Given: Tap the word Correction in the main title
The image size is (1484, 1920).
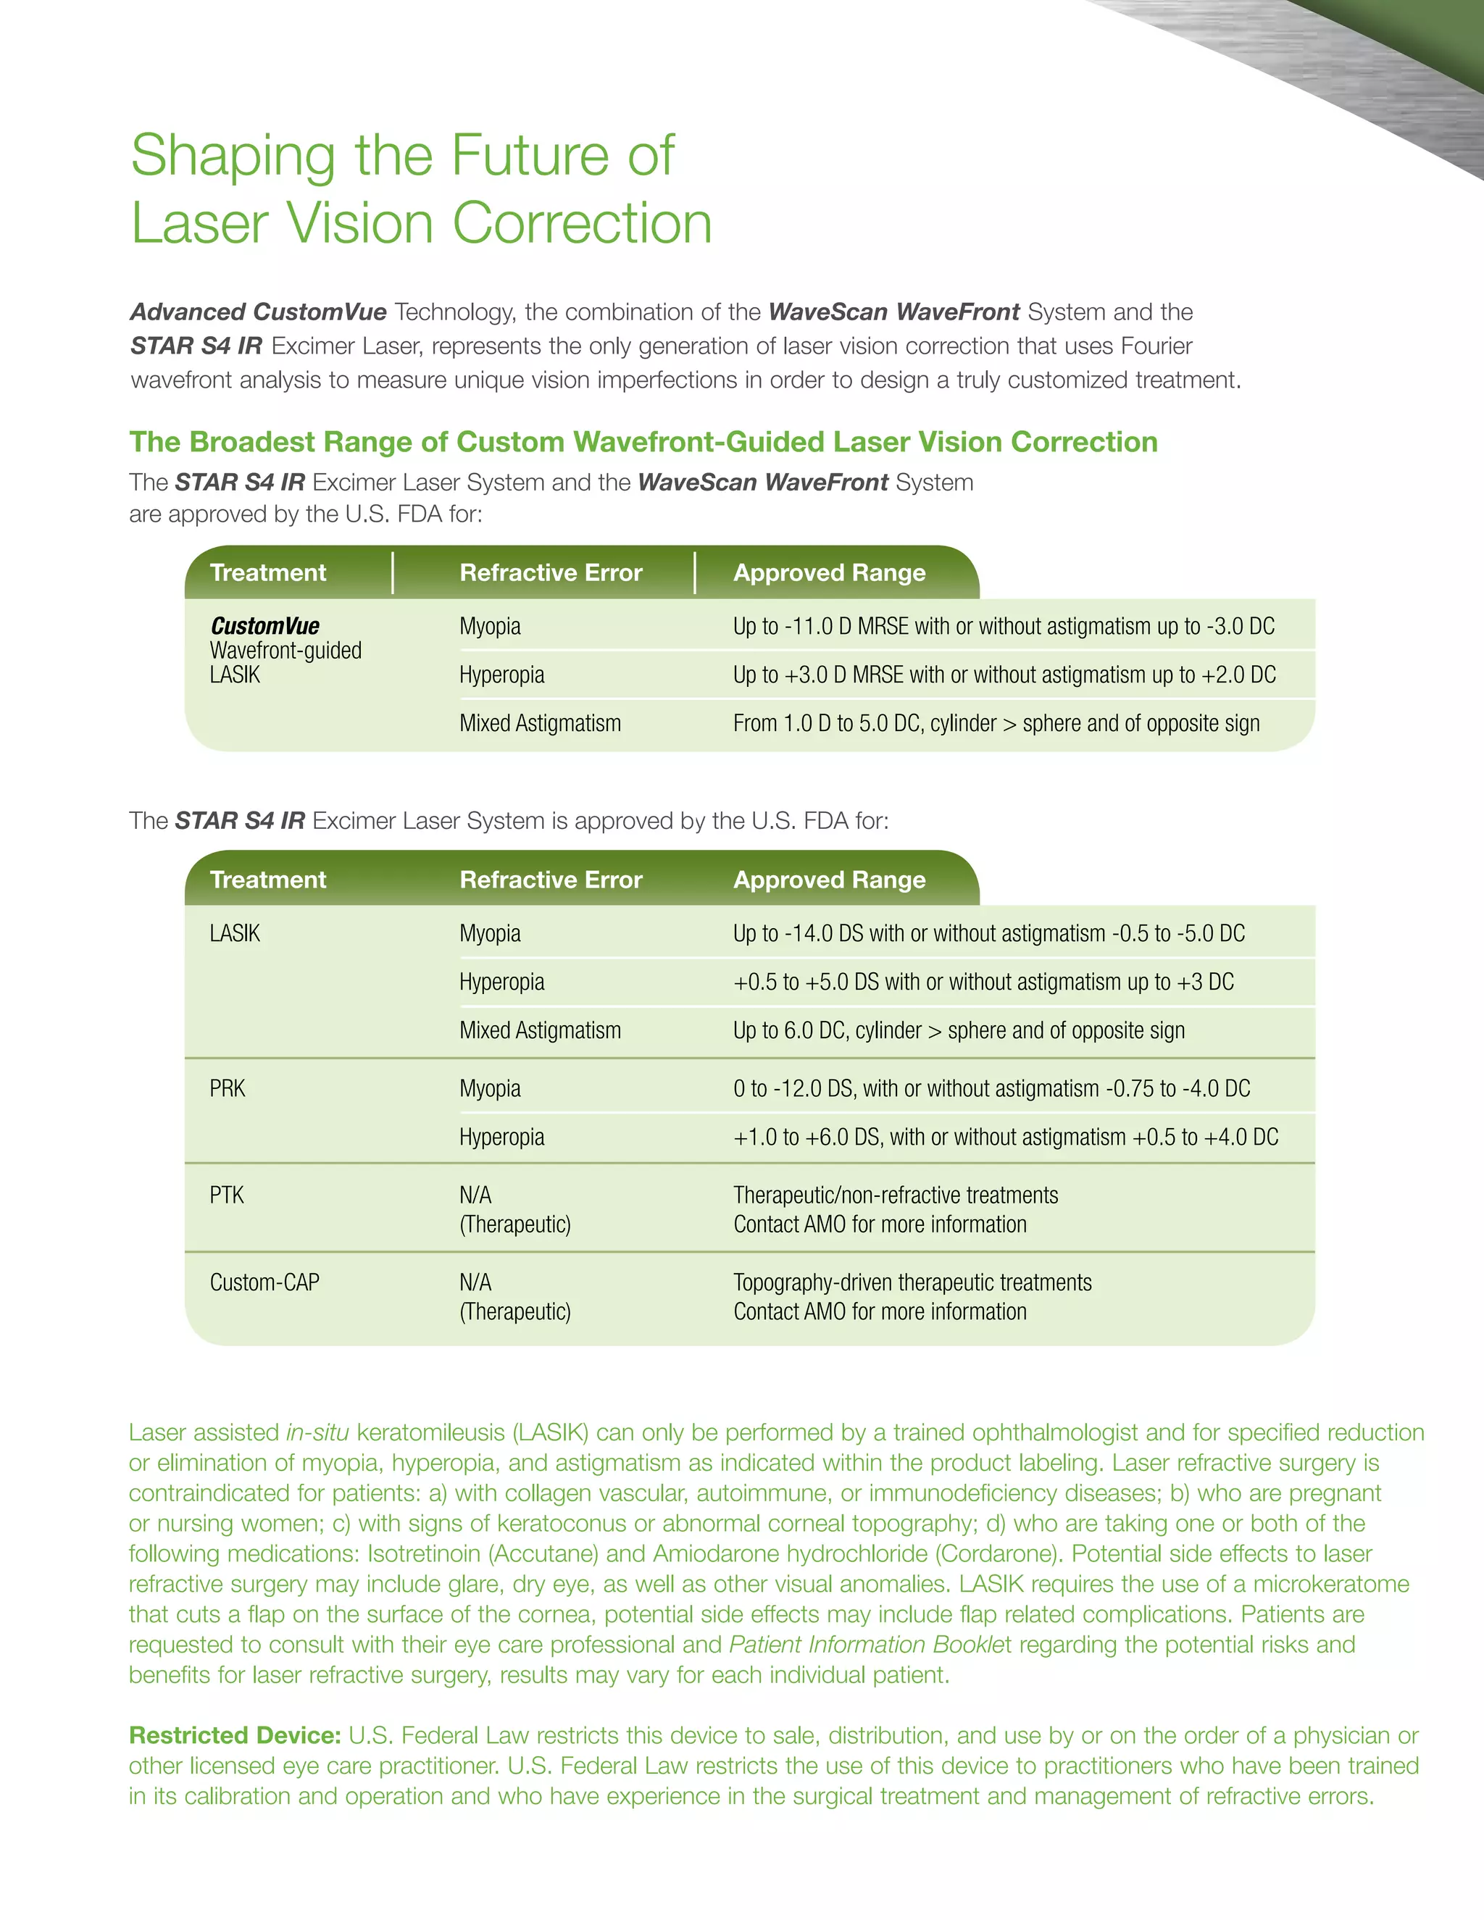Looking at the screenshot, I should (x=581, y=223).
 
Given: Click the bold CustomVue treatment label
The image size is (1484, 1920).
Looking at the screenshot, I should (x=264, y=626).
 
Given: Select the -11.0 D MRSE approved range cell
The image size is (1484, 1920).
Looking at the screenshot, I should (x=1003, y=626).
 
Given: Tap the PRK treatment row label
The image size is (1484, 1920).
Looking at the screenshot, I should (x=228, y=1088).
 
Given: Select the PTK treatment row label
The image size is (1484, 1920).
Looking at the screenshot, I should (x=227, y=1195).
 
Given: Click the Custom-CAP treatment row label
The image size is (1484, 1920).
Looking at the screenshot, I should (x=264, y=1282).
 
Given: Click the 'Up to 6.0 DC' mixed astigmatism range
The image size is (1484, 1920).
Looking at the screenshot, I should (x=958, y=1030).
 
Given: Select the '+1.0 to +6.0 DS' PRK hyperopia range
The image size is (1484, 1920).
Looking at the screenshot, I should (x=1006, y=1138).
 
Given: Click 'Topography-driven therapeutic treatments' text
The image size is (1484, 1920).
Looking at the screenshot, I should (x=912, y=1282).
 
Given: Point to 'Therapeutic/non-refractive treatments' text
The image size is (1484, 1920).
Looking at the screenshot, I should (x=896, y=1195).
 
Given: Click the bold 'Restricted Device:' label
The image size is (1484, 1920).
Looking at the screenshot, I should (x=235, y=1735).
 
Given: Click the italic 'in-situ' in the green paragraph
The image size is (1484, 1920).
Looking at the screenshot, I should (x=317, y=1433).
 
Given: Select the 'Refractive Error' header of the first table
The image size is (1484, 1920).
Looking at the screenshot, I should (x=551, y=573).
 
